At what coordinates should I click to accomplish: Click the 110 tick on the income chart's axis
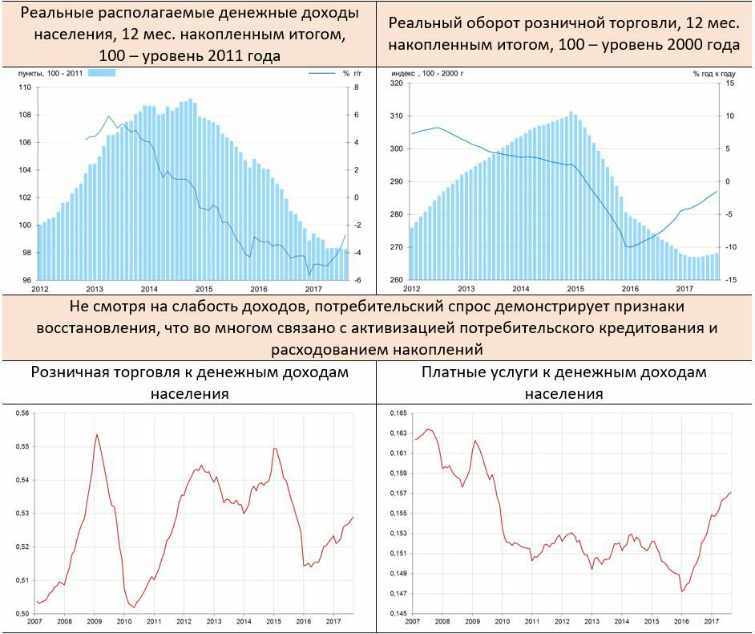tap(24, 87)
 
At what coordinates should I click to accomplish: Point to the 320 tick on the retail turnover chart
tap(396, 83)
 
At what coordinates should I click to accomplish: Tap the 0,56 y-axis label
tap(24, 413)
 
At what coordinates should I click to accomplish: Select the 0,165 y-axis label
tap(398, 413)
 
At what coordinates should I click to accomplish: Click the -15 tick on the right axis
tap(729, 279)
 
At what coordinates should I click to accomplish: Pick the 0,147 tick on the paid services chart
tap(398, 594)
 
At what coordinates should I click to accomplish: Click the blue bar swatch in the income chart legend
tap(102, 73)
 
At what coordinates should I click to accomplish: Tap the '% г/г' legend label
tap(352, 73)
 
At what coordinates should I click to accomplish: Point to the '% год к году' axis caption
tap(716, 73)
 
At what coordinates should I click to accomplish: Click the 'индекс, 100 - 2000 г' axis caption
tap(431, 73)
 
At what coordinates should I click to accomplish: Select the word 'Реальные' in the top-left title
tap(56, 14)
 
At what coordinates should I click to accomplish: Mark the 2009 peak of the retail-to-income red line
tap(97, 435)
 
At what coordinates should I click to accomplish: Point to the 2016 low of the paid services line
tap(682, 591)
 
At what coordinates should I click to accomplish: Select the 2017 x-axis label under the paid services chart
tap(711, 621)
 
